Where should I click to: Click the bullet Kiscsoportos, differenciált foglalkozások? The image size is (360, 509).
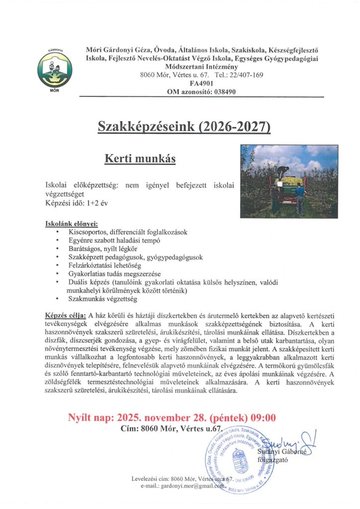point(125,232)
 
